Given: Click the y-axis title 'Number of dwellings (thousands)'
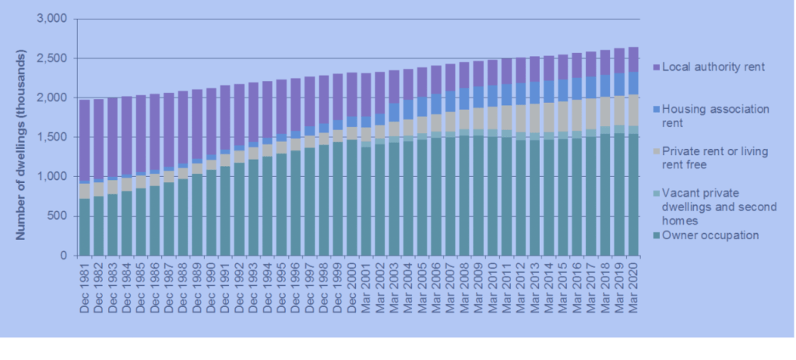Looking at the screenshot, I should (23, 137).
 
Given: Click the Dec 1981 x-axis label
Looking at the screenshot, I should (85, 286).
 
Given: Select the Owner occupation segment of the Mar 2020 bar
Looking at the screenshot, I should (632, 195).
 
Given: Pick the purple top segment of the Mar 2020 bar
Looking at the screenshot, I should (632, 59).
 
